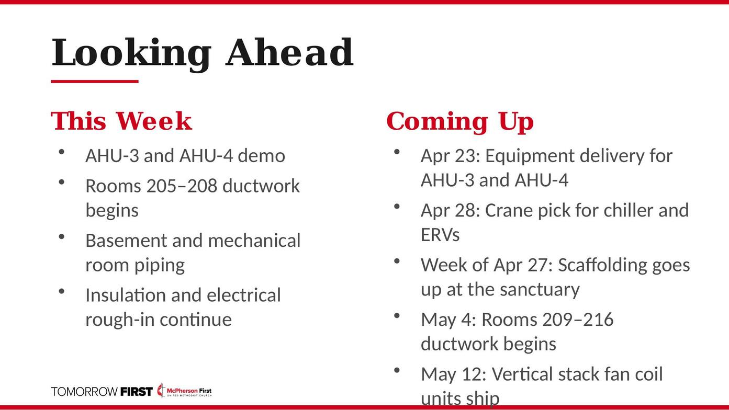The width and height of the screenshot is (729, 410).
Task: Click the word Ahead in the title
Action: point(289,52)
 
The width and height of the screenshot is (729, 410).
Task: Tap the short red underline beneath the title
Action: point(95,81)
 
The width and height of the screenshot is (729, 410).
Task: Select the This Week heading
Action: point(121,121)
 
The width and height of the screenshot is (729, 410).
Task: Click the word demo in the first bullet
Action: point(261,156)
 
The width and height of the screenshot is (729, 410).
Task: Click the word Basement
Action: point(126,241)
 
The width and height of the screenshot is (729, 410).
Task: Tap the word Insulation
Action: point(126,295)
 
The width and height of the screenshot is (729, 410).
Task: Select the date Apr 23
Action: point(448,156)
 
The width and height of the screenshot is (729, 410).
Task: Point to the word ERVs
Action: point(440,235)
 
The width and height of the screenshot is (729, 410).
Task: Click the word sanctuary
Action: point(540,290)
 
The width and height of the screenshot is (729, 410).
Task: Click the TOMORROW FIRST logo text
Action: point(102,392)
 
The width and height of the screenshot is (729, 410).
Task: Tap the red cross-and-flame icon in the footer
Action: point(161,390)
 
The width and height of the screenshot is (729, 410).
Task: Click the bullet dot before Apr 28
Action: point(396,207)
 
